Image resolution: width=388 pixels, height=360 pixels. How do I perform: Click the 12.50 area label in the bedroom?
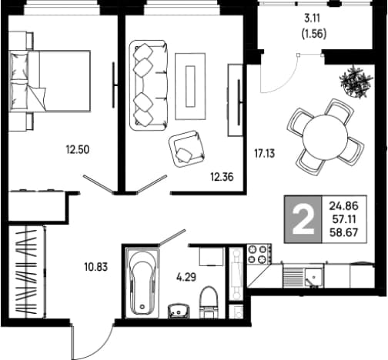click(x=78, y=149)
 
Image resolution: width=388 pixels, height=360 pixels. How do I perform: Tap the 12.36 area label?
click(x=222, y=177)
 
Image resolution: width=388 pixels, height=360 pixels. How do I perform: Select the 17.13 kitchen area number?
click(x=264, y=153)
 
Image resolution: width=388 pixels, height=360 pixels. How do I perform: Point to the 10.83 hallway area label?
click(x=96, y=267)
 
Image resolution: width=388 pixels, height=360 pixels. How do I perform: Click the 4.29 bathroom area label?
click(x=186, y=277)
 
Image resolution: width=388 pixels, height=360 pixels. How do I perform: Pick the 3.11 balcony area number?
click(x=313, y=18)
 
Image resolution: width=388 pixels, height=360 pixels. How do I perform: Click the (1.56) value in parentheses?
click(x=314, y=34)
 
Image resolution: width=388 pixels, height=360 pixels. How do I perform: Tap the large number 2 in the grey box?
click(x=303, y=221)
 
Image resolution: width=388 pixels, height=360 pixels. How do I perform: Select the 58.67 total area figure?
click(x=344, y=232)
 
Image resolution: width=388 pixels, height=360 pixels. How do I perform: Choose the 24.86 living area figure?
click(x=344, y=205)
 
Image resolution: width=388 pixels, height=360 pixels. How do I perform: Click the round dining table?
click(x=325, y=137)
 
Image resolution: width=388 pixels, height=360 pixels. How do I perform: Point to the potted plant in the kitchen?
click(x=356, y=81)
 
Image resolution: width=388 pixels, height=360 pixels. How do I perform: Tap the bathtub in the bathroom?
click(x=142, y=282)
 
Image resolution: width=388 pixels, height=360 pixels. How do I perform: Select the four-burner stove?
click(x=259, y=254)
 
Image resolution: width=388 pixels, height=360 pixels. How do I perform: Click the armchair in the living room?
click(x=186, y=148)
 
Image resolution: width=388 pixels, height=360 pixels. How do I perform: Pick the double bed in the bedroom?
click(x=50, y=81)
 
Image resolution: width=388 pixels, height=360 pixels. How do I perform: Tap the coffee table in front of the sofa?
click(x=190, y=86)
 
